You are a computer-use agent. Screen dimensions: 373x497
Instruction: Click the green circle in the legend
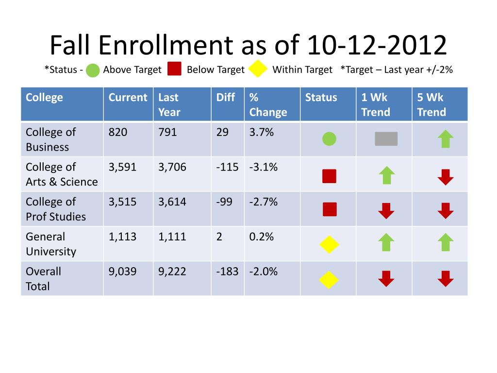[93, 70]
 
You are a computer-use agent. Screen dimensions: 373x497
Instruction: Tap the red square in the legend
[174, 69]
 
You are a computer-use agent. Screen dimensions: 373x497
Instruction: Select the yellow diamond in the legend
[258, 69]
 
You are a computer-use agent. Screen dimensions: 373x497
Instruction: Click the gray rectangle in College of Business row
[386, 139]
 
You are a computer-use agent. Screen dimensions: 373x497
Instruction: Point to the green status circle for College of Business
[329, 139]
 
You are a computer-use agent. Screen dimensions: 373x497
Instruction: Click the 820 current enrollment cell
[118, 132]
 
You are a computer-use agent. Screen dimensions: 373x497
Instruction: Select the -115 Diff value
[227, 167]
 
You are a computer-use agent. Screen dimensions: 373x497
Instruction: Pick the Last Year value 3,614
[172, 202]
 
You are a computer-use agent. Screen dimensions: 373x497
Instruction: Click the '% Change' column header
[268, 104]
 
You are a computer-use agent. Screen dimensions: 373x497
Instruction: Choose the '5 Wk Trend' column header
[431, 104]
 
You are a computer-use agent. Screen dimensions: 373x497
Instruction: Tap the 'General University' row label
[51, 244]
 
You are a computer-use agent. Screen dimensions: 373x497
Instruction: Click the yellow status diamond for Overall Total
[329, 279]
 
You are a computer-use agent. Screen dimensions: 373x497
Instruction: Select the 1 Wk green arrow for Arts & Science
[386, 175]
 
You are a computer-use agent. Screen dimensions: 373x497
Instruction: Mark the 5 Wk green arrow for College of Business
[445, 139]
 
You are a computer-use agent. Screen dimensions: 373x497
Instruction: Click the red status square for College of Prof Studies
[330, 209]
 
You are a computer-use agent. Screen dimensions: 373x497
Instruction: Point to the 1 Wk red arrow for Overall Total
[386, 279]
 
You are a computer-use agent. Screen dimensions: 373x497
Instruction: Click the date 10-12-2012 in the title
[377, 46]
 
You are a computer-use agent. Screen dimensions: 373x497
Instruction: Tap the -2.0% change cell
[264, 271]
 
